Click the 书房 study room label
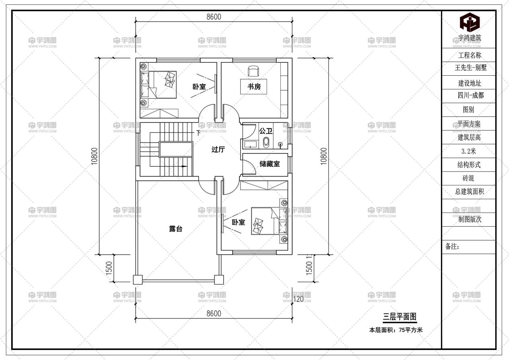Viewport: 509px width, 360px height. [x=254, y=86]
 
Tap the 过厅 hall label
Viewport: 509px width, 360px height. [x=218, y=149]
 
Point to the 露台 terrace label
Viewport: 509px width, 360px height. [x=176, y=229]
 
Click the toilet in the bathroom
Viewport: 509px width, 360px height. [x=266, y=142]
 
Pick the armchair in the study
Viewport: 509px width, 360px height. [x=253, y=71]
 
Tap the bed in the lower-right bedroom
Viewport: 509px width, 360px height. [x=269, y=221]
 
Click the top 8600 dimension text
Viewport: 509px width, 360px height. [x=214, y=17]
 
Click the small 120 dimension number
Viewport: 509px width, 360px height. [x=298, y=299]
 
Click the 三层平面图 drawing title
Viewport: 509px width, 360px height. [x=399, y=317]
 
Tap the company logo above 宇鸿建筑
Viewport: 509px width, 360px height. [x=470, y=23]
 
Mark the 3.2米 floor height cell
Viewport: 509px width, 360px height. [x=470, y=151]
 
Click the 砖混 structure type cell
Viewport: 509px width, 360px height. [x=470, y=178]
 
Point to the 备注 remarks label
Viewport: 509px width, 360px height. [x=453, y=247]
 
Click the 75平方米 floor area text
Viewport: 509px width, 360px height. [x=410, y=330]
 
